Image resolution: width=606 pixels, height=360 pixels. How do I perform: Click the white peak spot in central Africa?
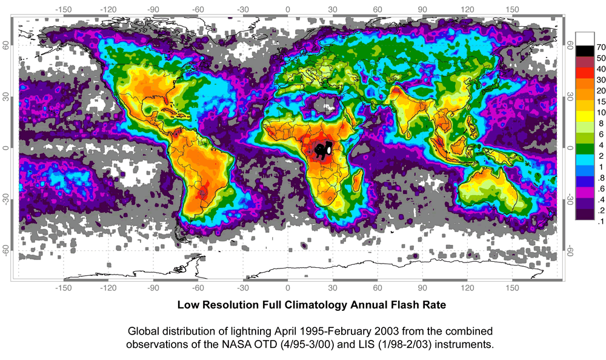click(328, 148)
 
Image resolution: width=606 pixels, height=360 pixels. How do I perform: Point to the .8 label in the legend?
click(594, 177)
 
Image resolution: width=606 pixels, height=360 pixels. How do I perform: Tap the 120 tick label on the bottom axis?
click(467, 288)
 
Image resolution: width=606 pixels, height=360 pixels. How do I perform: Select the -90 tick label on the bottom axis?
click(153, 288)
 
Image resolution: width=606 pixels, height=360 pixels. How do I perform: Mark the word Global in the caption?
click(144, 332)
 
